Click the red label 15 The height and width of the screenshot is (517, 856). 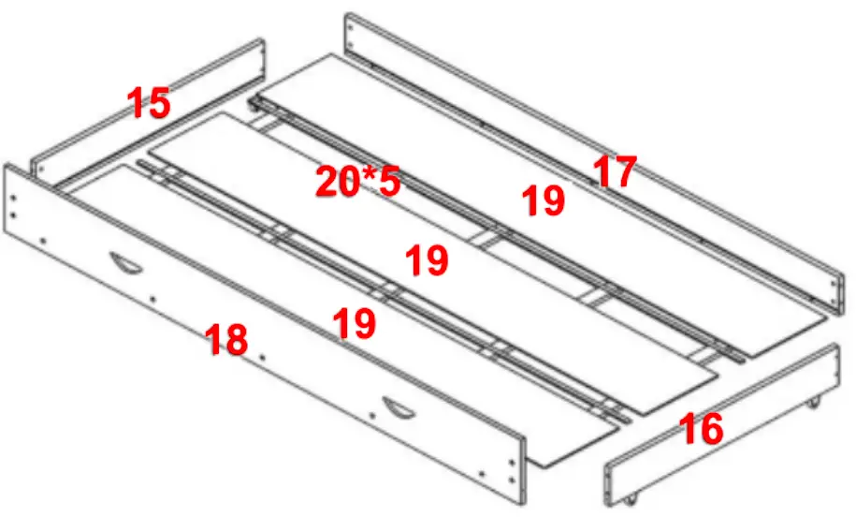[x=150, y=103]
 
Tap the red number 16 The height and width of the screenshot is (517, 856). [x=702, y=429]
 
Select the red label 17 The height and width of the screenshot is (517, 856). [x=615, y=172]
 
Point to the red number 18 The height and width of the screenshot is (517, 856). [x=226, y=339]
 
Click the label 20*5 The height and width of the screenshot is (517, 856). [x=357, y=182]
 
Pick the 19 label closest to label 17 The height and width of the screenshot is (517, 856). [x=544, y=200]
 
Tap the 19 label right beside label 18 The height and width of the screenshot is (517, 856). [x=355, y=323]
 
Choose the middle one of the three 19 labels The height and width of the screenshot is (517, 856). [x=427, y=260]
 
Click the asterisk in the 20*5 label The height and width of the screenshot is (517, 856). [x=366, y=176]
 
